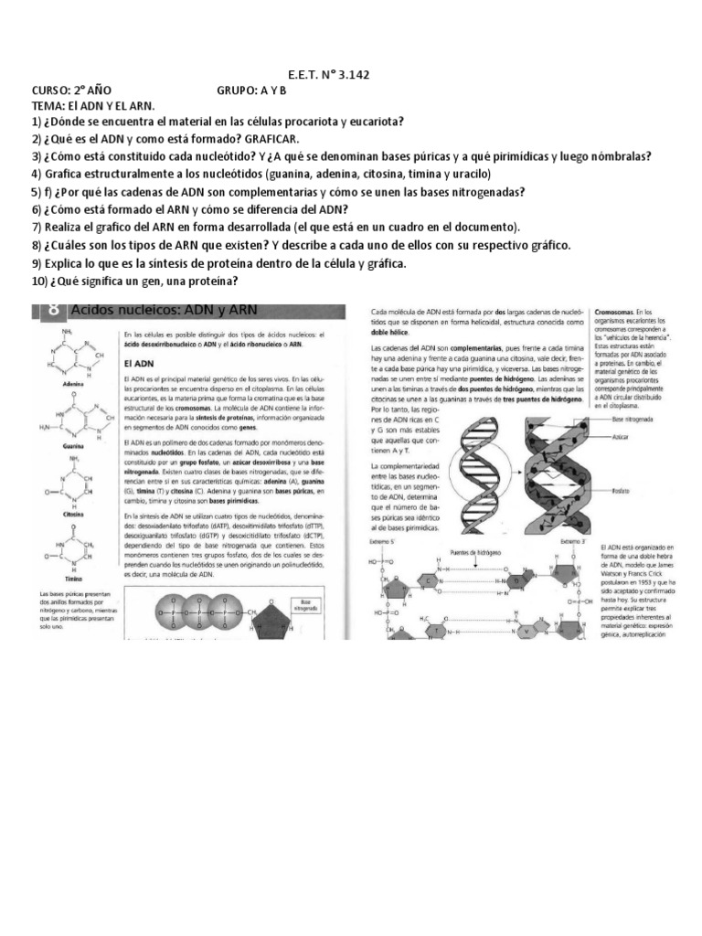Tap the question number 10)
point(40,281)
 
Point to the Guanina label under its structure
point(73,445)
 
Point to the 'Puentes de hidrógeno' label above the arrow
point(475,551)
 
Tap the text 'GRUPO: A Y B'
point(251,90)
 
